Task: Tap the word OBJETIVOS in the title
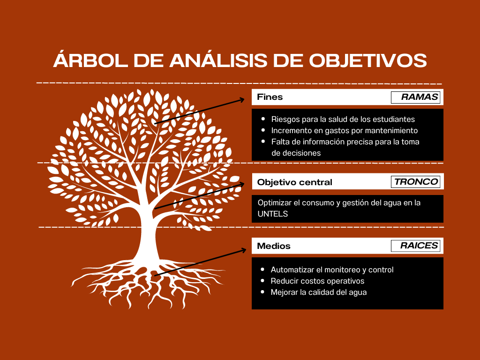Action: [368, 60]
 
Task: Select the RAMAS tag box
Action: [415, 97]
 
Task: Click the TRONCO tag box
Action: [415, 182]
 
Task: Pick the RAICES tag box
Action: [415, 246]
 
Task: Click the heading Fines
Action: [270, 97]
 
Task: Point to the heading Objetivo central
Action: [294, 182]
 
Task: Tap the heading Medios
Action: [274, 246]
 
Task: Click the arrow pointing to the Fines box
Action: [199, 111]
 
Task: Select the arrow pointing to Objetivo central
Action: [199, 196]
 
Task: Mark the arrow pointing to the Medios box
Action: [200, 262]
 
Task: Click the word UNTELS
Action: [272, 214]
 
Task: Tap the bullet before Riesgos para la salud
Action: [263, 119]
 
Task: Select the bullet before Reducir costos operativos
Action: [262, 281]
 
